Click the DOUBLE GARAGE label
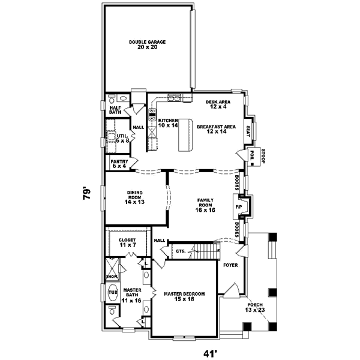pos(147,44)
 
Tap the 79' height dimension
pos(87,194)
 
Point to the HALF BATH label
pos(115,109)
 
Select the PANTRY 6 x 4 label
pos(119,163)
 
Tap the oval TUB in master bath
pos(112,293)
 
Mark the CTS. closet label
pos(180,251)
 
